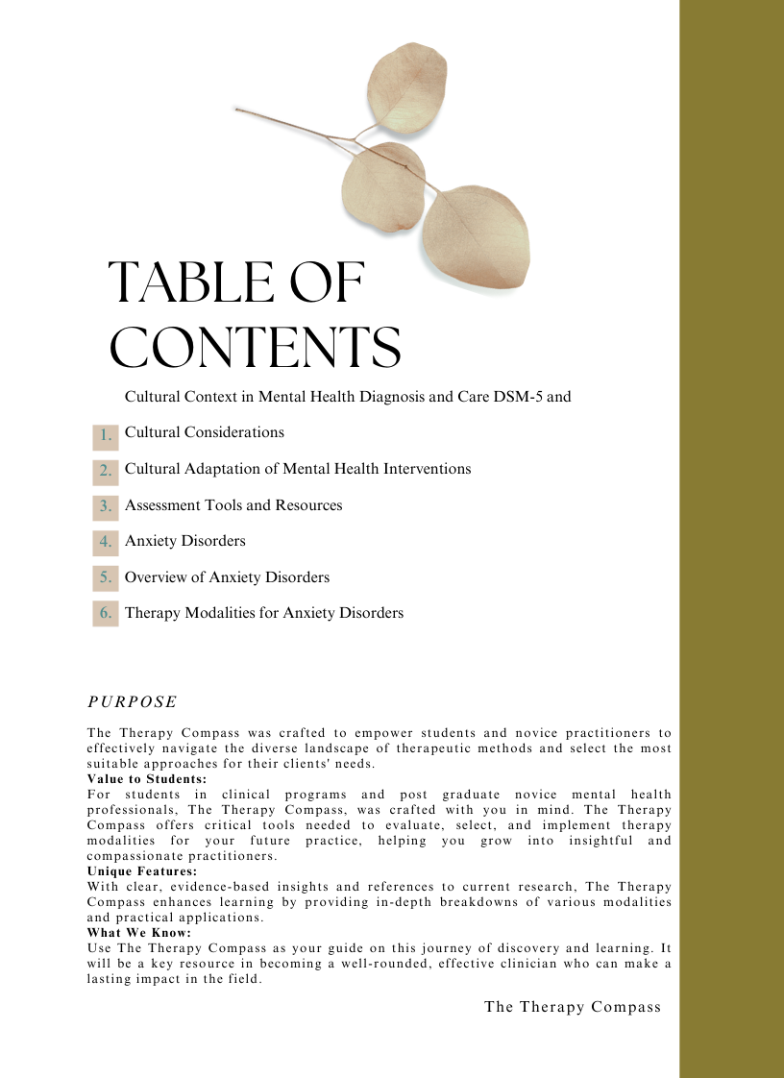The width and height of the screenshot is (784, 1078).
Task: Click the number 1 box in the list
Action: (x=106, y=436)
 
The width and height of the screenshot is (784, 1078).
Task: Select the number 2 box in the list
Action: (x=106, y=472)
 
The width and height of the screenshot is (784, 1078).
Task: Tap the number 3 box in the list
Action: (x=106, y=506)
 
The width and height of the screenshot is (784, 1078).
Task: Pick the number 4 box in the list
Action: (x=106, y=542)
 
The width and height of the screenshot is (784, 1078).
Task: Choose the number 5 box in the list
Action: (x=106, y=577)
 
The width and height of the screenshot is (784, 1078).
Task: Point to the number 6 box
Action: (x=106, y=613)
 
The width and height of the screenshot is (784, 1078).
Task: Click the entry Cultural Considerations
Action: (x=205, y=432)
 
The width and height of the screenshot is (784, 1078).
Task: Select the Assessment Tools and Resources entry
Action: (x=233, y=505)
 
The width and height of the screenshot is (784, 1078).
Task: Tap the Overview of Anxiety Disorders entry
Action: (x=227, y=577)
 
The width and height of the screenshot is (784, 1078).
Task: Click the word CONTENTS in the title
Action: (x=255, y=347)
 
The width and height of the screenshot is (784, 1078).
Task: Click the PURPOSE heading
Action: (x=132, y=702)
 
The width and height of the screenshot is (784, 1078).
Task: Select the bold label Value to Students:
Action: (x=146, y=779)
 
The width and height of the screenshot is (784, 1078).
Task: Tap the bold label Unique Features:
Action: (x=142, y=871)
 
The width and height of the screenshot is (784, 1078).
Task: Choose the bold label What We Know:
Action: (x=139, y=933)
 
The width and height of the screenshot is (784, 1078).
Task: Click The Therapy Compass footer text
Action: (x=573, y=1007)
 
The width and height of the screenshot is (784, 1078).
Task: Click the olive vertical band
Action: (x=731, y=538)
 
